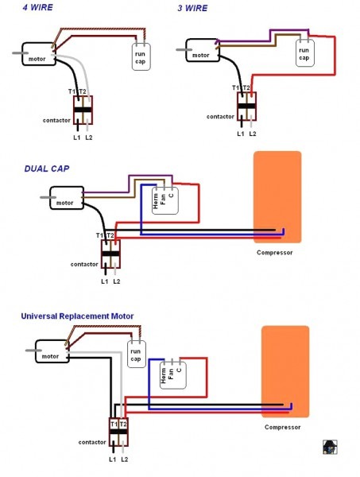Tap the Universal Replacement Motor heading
(77, 316)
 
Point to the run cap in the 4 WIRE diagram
(140, 56)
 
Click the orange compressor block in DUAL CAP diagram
(277, 197)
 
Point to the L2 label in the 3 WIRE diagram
(253, 134)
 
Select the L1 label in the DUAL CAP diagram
(104, 281)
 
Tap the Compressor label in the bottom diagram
(283, 427)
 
